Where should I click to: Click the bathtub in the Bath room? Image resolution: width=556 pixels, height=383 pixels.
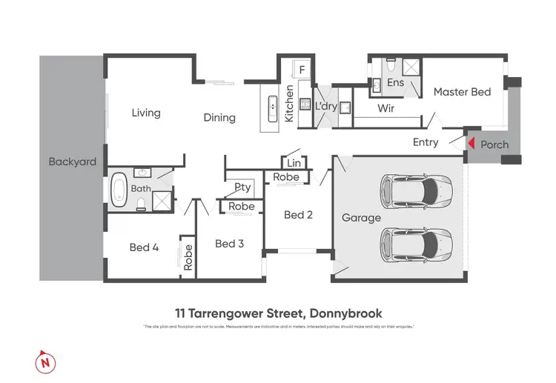pyautogui.click(x=119, y=189)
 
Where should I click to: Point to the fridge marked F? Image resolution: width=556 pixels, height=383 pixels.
pyautogui.click(x=302, y=70)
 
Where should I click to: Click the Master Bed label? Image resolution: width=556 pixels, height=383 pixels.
pyautogui.click(x=462, y=92)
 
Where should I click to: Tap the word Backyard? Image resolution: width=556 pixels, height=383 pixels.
pyautogui.click(x=73, y=161)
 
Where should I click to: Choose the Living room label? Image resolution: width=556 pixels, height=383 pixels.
pyautogui.click(x=146, y=113)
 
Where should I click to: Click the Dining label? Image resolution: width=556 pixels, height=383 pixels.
pyautogui.click(x=219, y=117)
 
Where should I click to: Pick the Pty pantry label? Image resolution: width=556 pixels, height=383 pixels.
pyautogui.click(x=242, y=187)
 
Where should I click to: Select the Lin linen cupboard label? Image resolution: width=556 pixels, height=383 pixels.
pyautogui.click(x=294, y=163)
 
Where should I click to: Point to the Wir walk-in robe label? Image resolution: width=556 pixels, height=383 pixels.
pyautogui.click(x=385, y=108)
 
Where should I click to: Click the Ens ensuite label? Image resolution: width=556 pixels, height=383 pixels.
pyautogui.click(x=396, y=83)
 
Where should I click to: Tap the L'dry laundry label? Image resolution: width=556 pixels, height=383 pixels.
pyautogui.click(x=326, y=107)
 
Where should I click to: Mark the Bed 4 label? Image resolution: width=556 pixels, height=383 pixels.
pyautogui.click(x=144, y=247)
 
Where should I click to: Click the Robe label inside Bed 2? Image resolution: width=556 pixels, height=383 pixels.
pyautogui.click(x=286, y=177)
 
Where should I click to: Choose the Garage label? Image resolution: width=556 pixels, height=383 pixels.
pyautogui.click(x=361, y=218)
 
